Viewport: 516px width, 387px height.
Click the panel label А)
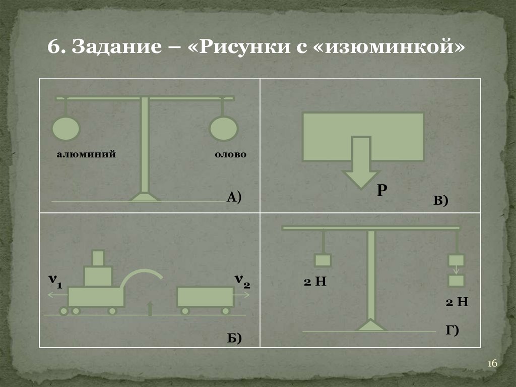click(234, 197)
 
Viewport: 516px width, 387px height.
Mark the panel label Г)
click(451, 330)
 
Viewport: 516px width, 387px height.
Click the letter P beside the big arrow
click(381, 190)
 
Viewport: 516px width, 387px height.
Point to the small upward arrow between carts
click(150, 308)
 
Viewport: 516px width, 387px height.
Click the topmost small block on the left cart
click(98, 258)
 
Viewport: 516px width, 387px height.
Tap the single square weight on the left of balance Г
click(322, 260)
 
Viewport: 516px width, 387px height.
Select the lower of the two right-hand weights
click(457, 281)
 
